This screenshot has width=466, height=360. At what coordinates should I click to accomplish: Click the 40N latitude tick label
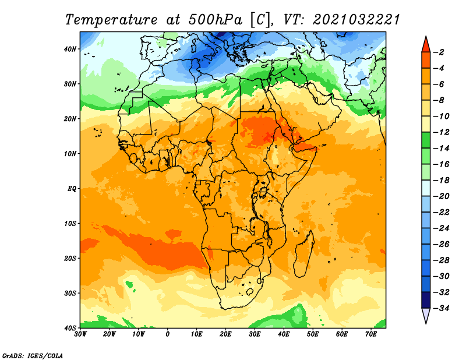coord(70,49)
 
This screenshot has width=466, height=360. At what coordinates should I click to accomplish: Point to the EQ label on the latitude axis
coord(72,189)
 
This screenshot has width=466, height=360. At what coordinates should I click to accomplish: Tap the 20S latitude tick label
coord(70,258)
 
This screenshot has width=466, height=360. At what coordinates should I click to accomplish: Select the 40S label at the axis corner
coord(70,328)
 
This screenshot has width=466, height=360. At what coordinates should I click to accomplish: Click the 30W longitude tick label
coord(80,334)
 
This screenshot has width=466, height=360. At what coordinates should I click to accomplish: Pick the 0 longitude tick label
coord(168,334)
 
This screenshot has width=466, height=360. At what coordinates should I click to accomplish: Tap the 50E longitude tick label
coord(313,334)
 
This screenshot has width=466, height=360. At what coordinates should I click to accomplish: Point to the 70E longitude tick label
coord(371,334)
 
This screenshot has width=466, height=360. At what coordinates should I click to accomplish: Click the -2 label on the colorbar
coord(439,52)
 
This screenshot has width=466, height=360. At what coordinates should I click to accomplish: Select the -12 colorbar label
coord(441,132)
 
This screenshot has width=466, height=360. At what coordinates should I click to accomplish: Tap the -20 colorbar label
coord(441,196)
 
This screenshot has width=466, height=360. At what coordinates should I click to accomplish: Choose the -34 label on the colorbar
coord(441,308)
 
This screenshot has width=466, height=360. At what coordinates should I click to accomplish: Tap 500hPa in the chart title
coord(215,20)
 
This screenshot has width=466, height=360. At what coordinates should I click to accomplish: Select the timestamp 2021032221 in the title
coord(356,20)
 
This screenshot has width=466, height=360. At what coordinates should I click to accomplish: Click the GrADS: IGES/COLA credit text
coord(33,356)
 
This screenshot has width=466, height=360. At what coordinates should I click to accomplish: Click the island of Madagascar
coord(303,254)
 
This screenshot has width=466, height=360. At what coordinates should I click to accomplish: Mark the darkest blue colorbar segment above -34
coord(426,300)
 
